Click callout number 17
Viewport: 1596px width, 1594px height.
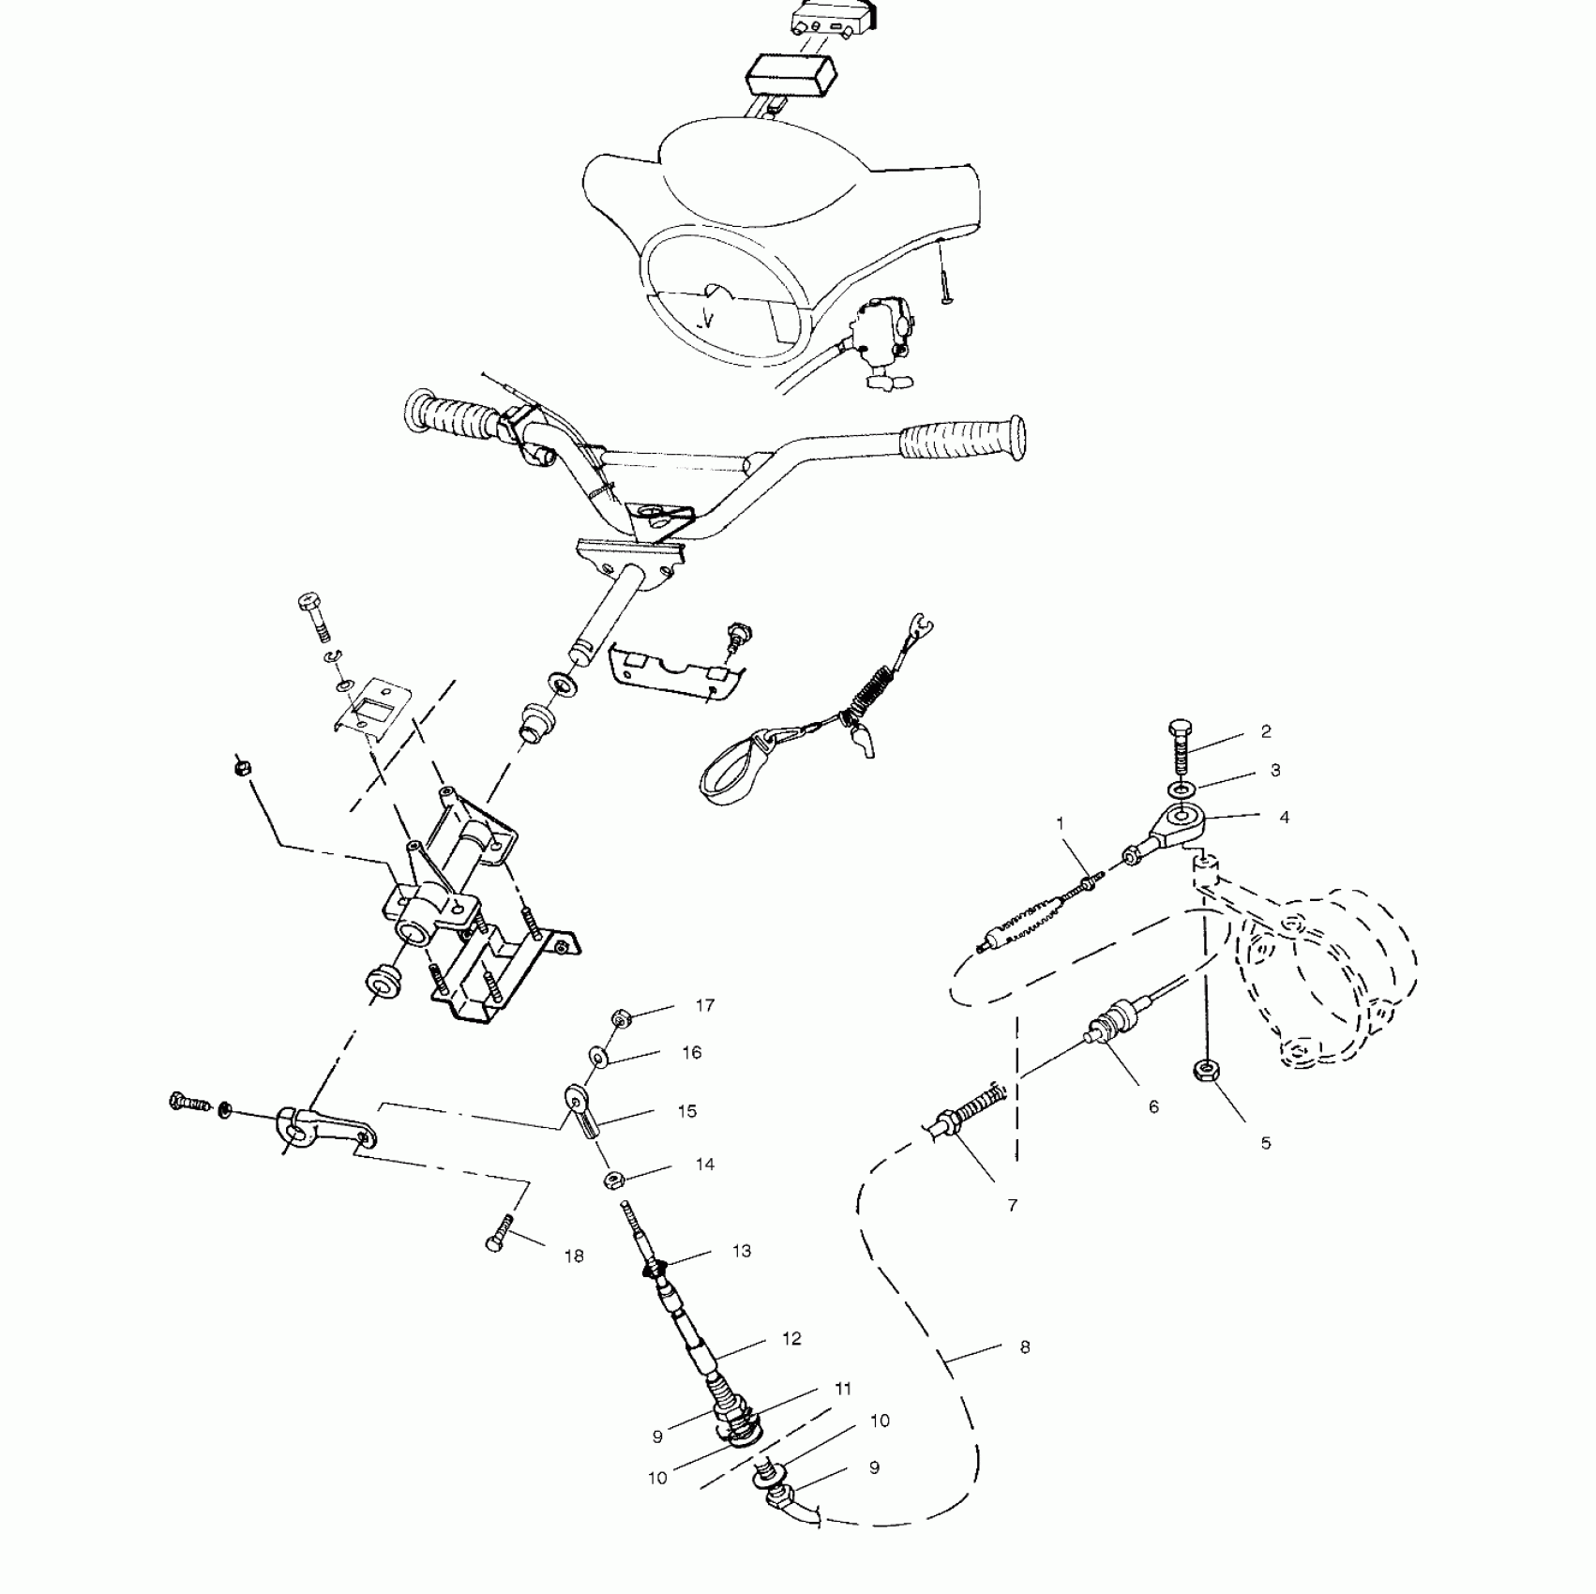[x=705, y=1006]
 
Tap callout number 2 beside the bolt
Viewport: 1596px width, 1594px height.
[x=1266, y=731]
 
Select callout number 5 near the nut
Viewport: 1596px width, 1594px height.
[x=1266, y=1143]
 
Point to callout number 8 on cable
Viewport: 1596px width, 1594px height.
[x=1025, y=1347]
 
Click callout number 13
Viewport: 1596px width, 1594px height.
[x=742, y=1251]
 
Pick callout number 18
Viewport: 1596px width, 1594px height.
[x=574, y=1256]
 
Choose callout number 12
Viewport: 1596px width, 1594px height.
[x=791, y=1339]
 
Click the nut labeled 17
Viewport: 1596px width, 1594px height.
[x=620, y=1018]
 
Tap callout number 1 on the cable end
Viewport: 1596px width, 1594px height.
[x=1061, y=824]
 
